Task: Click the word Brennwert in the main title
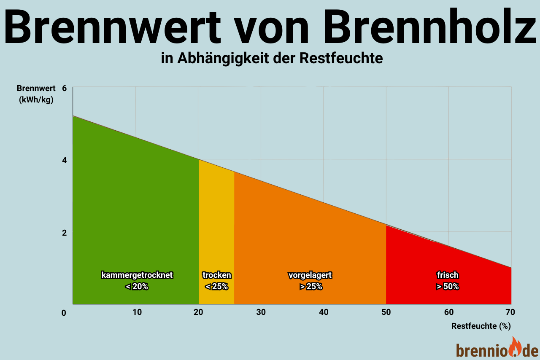pyautogui.click(x=113, y=28)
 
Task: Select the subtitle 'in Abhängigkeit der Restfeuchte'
pyautogui.click(x=272, y=58)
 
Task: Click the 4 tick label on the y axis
pyautogui.click(x=65, y=160)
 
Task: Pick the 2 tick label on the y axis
pyautogui.click(x=65, y=233)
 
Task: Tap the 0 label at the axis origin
pyautogui.click(x=64, y=313)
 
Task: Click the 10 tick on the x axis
pyautogui.click(x=137, y=312)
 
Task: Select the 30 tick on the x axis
pyautogui.click(x=261, y=312)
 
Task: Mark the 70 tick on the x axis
pyautogui.click(x=510, y=312)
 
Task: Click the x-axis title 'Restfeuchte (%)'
pyautogui.click(x=481, y=326)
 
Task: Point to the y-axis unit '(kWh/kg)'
pyautogui.click(x=36, y=100)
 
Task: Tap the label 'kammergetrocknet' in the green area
pyautogui.click(x=137, y=275)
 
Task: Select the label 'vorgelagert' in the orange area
pyautogui.click(x=310, y=275)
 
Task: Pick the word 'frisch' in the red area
pyautogui.click(x=448, y=275)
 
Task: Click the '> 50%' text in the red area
pyautogui.click(x=448, y=287)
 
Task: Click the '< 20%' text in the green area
pyautogui.click(x=137, y=287)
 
